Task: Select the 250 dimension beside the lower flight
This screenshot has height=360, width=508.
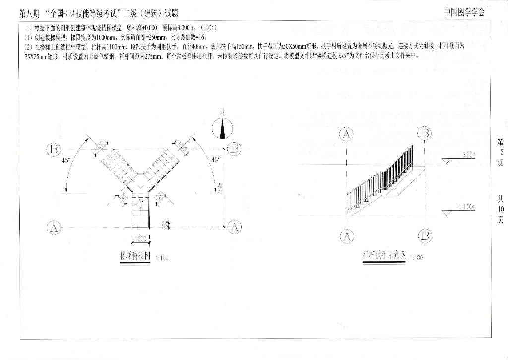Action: click(x=164, y=224)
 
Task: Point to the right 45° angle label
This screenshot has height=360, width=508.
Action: click(x=215, y=160)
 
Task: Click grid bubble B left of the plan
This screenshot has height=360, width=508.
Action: click(x=54, y=149)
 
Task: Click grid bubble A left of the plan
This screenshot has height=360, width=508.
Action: click(x=54, y=228)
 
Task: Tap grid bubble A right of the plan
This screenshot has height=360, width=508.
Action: click(x=235, y=228)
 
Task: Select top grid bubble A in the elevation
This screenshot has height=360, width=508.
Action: click(x=347, y=134)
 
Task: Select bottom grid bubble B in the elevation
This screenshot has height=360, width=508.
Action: click(x=425, y=236)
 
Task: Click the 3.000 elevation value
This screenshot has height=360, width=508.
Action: click(x=468, y=155)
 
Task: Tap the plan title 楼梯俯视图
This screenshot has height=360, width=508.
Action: click(x=135, y=256)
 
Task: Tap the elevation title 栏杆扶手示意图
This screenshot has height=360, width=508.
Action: click(x=384, y=255)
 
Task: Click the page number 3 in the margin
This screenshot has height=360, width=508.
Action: click(x=500, y=152)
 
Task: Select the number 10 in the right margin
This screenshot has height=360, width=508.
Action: click(x=500, y=209)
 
